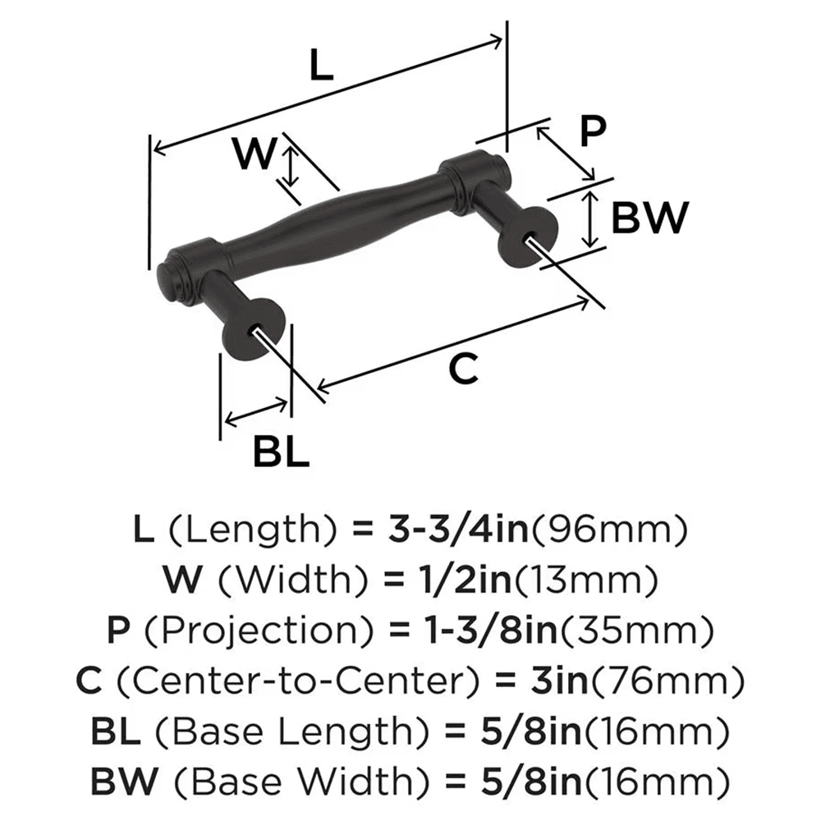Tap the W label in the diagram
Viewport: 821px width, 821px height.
point(252,154)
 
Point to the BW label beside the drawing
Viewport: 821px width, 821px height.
point(649,218)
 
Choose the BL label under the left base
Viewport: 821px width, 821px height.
point(280,452)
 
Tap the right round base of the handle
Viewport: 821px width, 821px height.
point(530,237)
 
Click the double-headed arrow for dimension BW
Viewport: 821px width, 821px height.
point(589,218)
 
